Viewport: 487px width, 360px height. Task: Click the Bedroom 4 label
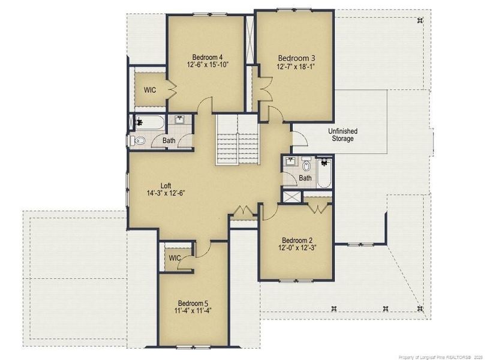(x=207, y=57)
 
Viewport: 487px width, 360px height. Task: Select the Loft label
(x=166, y=186)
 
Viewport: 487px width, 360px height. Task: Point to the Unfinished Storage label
(x=342, y=135)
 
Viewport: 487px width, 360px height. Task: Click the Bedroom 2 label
(x=297, y=241)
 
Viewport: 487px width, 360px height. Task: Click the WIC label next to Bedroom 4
(x=150, y=91)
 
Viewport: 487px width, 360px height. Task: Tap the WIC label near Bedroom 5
(x=175, y=258)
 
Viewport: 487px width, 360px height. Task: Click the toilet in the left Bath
(x=137, y=141)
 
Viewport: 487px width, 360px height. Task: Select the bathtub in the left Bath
(x=150, y=122)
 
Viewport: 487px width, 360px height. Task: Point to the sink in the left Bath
(x=179, y=119)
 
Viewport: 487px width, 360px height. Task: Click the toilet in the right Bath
(x=306, y=165)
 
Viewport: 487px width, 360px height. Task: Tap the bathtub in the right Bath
(x=324, y=173)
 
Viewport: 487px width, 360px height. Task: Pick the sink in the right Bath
(x=291, y=161)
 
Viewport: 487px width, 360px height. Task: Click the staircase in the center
(x=238, y=139)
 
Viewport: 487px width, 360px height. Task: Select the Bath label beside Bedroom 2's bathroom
(x=305, y=178)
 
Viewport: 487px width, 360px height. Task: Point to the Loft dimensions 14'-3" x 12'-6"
(x=166, y=193)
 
